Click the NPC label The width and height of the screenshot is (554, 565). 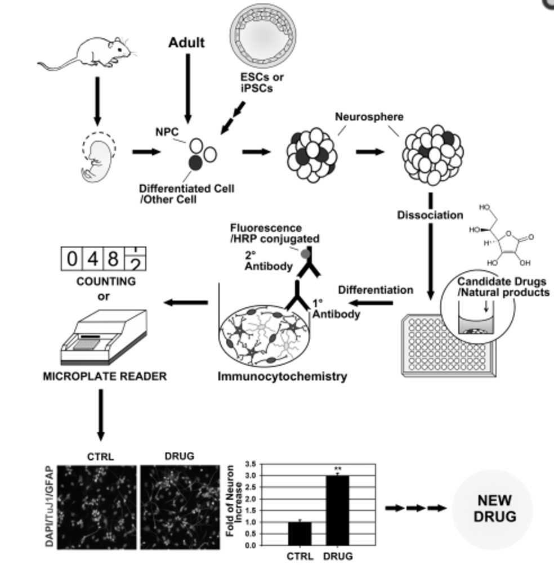point(167,133)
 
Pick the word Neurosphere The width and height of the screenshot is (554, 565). point(362,118)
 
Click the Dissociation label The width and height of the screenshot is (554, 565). point(430,216)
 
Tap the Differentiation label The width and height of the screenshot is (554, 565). point(375,290)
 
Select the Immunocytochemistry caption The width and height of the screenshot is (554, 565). point(282,376)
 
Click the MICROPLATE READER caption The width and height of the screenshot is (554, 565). point(105,376)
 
